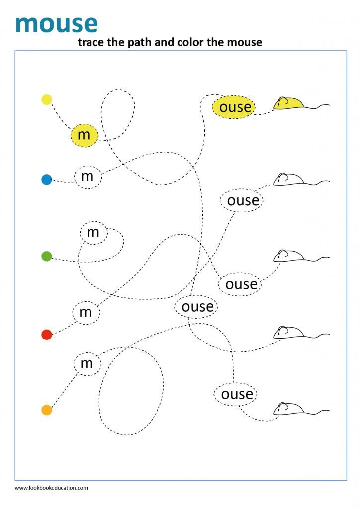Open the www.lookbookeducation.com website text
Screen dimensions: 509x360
51,488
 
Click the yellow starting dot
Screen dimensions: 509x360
46,99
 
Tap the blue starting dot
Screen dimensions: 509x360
46,180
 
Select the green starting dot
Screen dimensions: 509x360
46,256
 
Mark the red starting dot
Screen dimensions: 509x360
46,335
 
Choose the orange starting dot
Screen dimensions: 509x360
46,410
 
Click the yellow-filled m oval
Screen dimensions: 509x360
85,135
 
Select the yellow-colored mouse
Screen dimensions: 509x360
289,103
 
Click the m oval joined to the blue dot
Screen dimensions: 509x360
88,176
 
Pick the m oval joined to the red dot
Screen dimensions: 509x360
86,312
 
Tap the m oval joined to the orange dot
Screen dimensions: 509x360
87,363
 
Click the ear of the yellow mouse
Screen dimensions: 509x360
284,100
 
